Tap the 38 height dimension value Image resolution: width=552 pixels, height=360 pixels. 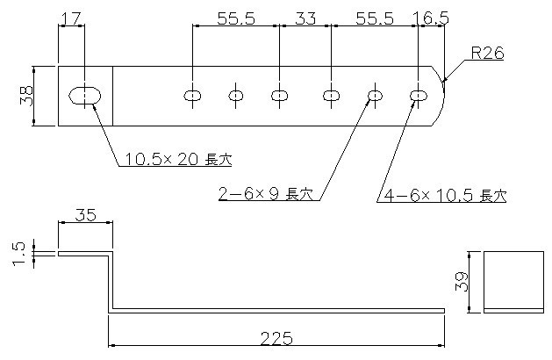[x=27, y=96]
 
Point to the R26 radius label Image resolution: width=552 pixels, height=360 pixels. [x=486, y=54]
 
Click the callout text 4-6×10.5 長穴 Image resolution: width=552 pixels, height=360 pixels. [x=444, y=195]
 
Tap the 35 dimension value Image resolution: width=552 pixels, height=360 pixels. [x=85, y=213]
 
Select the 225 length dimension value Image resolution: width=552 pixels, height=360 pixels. [x=278, y=337]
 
